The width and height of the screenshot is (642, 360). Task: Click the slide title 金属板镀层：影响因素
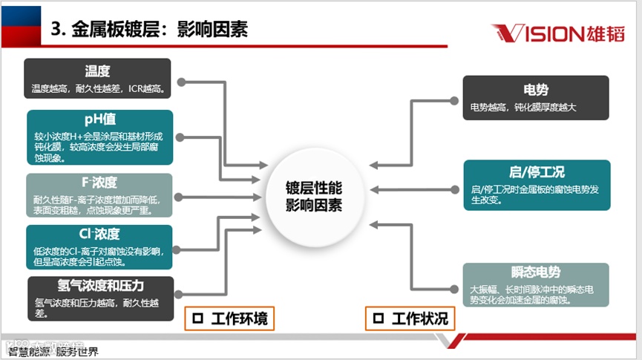click(x=148, y=30)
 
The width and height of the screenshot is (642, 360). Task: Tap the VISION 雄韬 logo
click(x=557, y=33)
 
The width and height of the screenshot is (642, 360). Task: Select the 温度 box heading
click(x=97, y=71)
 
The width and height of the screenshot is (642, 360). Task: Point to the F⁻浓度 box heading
click(x=99, y=183)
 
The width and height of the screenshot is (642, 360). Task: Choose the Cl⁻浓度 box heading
click(x=99, y=234)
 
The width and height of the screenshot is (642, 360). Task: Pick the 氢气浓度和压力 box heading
click(x=100, y=286)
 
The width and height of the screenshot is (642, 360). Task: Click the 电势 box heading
click(x=535, y=90)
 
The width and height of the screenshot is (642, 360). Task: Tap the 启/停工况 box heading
click(x=536, y=172)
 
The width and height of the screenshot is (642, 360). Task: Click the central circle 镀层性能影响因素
click(x=314, y=197)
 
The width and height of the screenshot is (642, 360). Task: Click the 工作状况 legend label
click(x=420, y=318)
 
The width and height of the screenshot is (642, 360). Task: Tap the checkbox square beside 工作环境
click(x=198, y=318)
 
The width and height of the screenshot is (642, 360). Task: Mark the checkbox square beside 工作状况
click(x=379, y=318)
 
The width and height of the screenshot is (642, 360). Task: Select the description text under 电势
click(x=523, y=108)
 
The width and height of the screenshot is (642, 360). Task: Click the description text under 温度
click(x=97, y=89)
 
